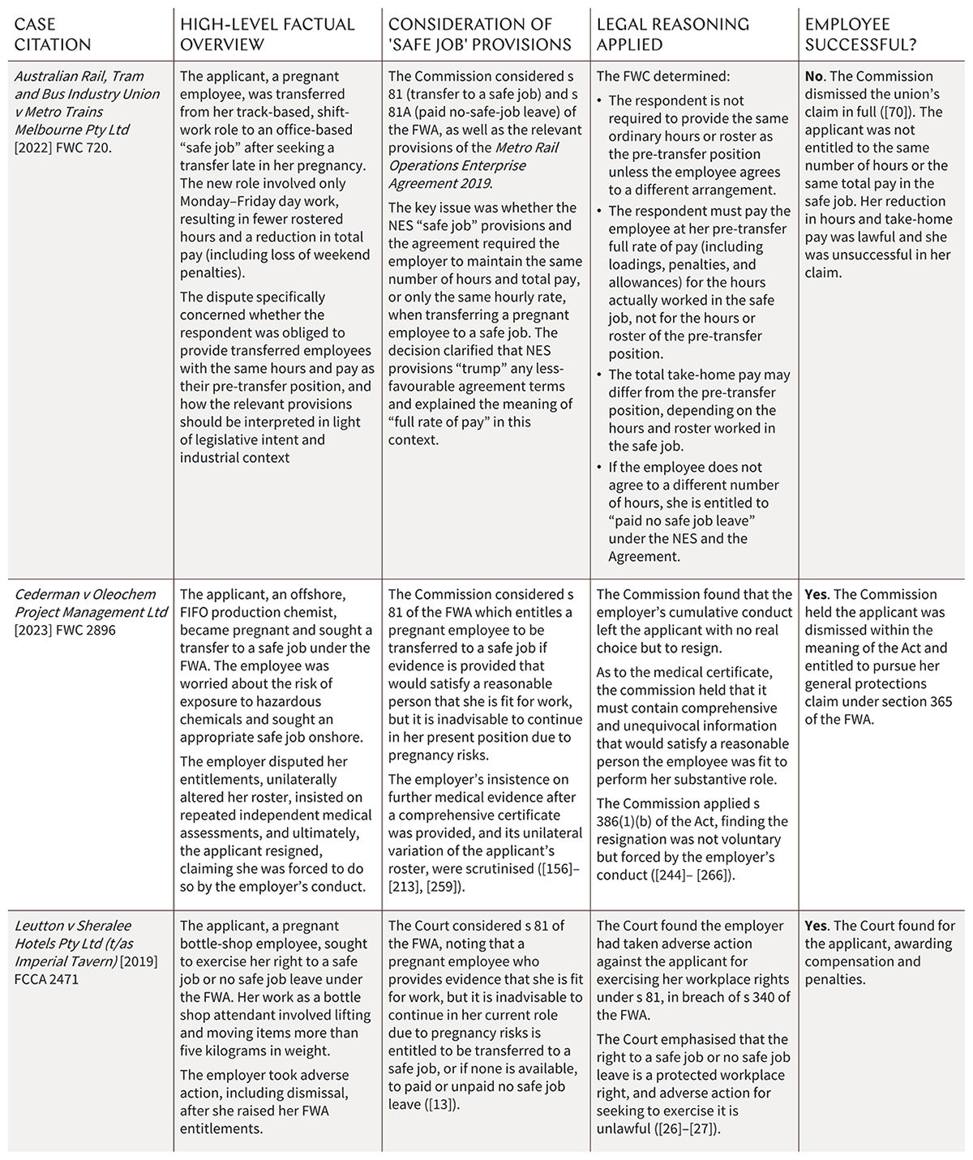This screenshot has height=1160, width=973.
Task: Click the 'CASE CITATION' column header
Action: pos(54,34)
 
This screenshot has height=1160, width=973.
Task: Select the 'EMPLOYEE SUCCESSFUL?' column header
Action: pos(864,34)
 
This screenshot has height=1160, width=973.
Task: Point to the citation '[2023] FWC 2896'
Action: pos(66,630)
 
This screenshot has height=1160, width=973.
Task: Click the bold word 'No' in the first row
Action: pos(814,76)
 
